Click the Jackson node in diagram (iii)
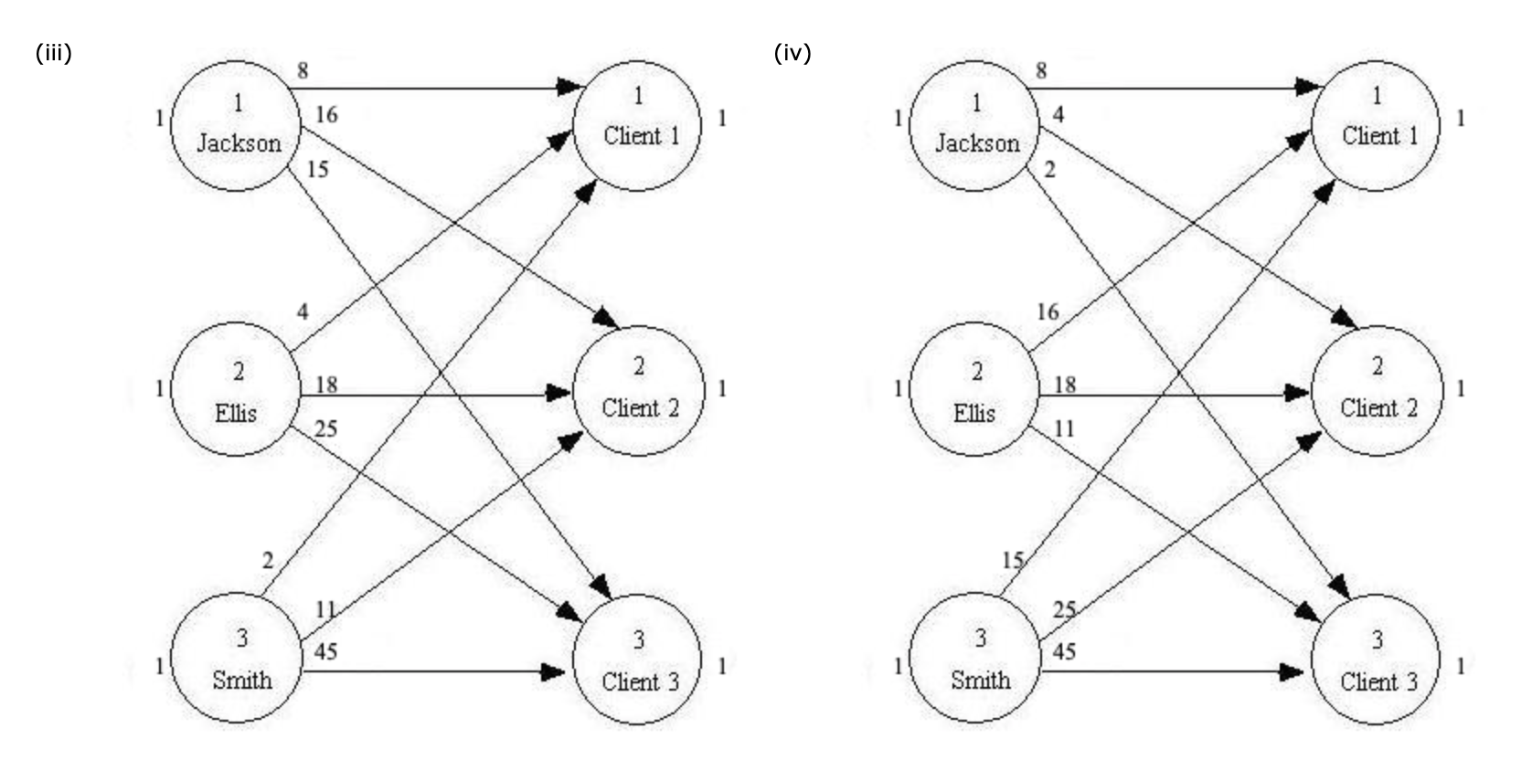[236, 125]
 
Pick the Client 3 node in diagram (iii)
[638, 660]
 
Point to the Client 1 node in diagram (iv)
[1377, 125]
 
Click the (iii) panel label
[53, 53]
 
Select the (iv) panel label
[792, 53]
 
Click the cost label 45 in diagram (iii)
[325, 651]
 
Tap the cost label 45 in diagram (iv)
[1064, 651]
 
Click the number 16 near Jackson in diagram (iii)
[325, 115]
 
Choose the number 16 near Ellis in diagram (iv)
[1047, 312]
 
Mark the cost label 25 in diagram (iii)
[325, 428]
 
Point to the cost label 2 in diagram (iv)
[1049, 170]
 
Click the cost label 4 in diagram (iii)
[303, 312]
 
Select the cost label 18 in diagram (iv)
[1064, 385]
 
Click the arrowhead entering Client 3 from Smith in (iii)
[554, 672]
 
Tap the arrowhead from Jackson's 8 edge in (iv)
[1307, 88]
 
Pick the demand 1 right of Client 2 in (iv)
[1461, 389]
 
